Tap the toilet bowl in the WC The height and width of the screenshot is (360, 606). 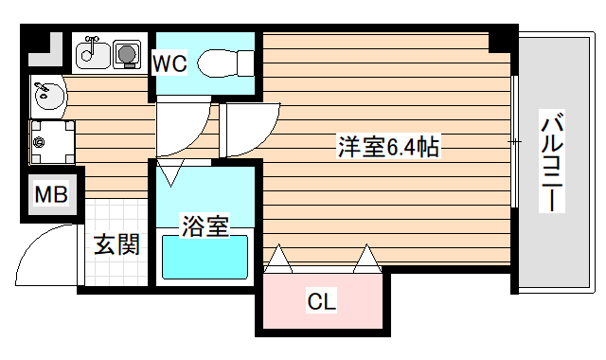click(220, 63)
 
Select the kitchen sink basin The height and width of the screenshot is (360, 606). click(92, 53)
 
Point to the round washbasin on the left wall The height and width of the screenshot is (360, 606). click(45, 96)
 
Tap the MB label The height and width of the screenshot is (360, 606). click(51, 196)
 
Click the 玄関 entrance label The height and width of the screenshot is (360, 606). click(117, 245)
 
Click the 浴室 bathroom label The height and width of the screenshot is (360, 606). click(205, 226)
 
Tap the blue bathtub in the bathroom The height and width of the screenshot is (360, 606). click(205, 258)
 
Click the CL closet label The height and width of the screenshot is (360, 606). click(321, 303)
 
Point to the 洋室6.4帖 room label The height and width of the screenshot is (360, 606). click(387, 147)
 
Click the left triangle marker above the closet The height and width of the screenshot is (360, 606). click(279, 258)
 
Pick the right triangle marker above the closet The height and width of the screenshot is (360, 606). click(365, 258)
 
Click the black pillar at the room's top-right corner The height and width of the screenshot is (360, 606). click(500, 42)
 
